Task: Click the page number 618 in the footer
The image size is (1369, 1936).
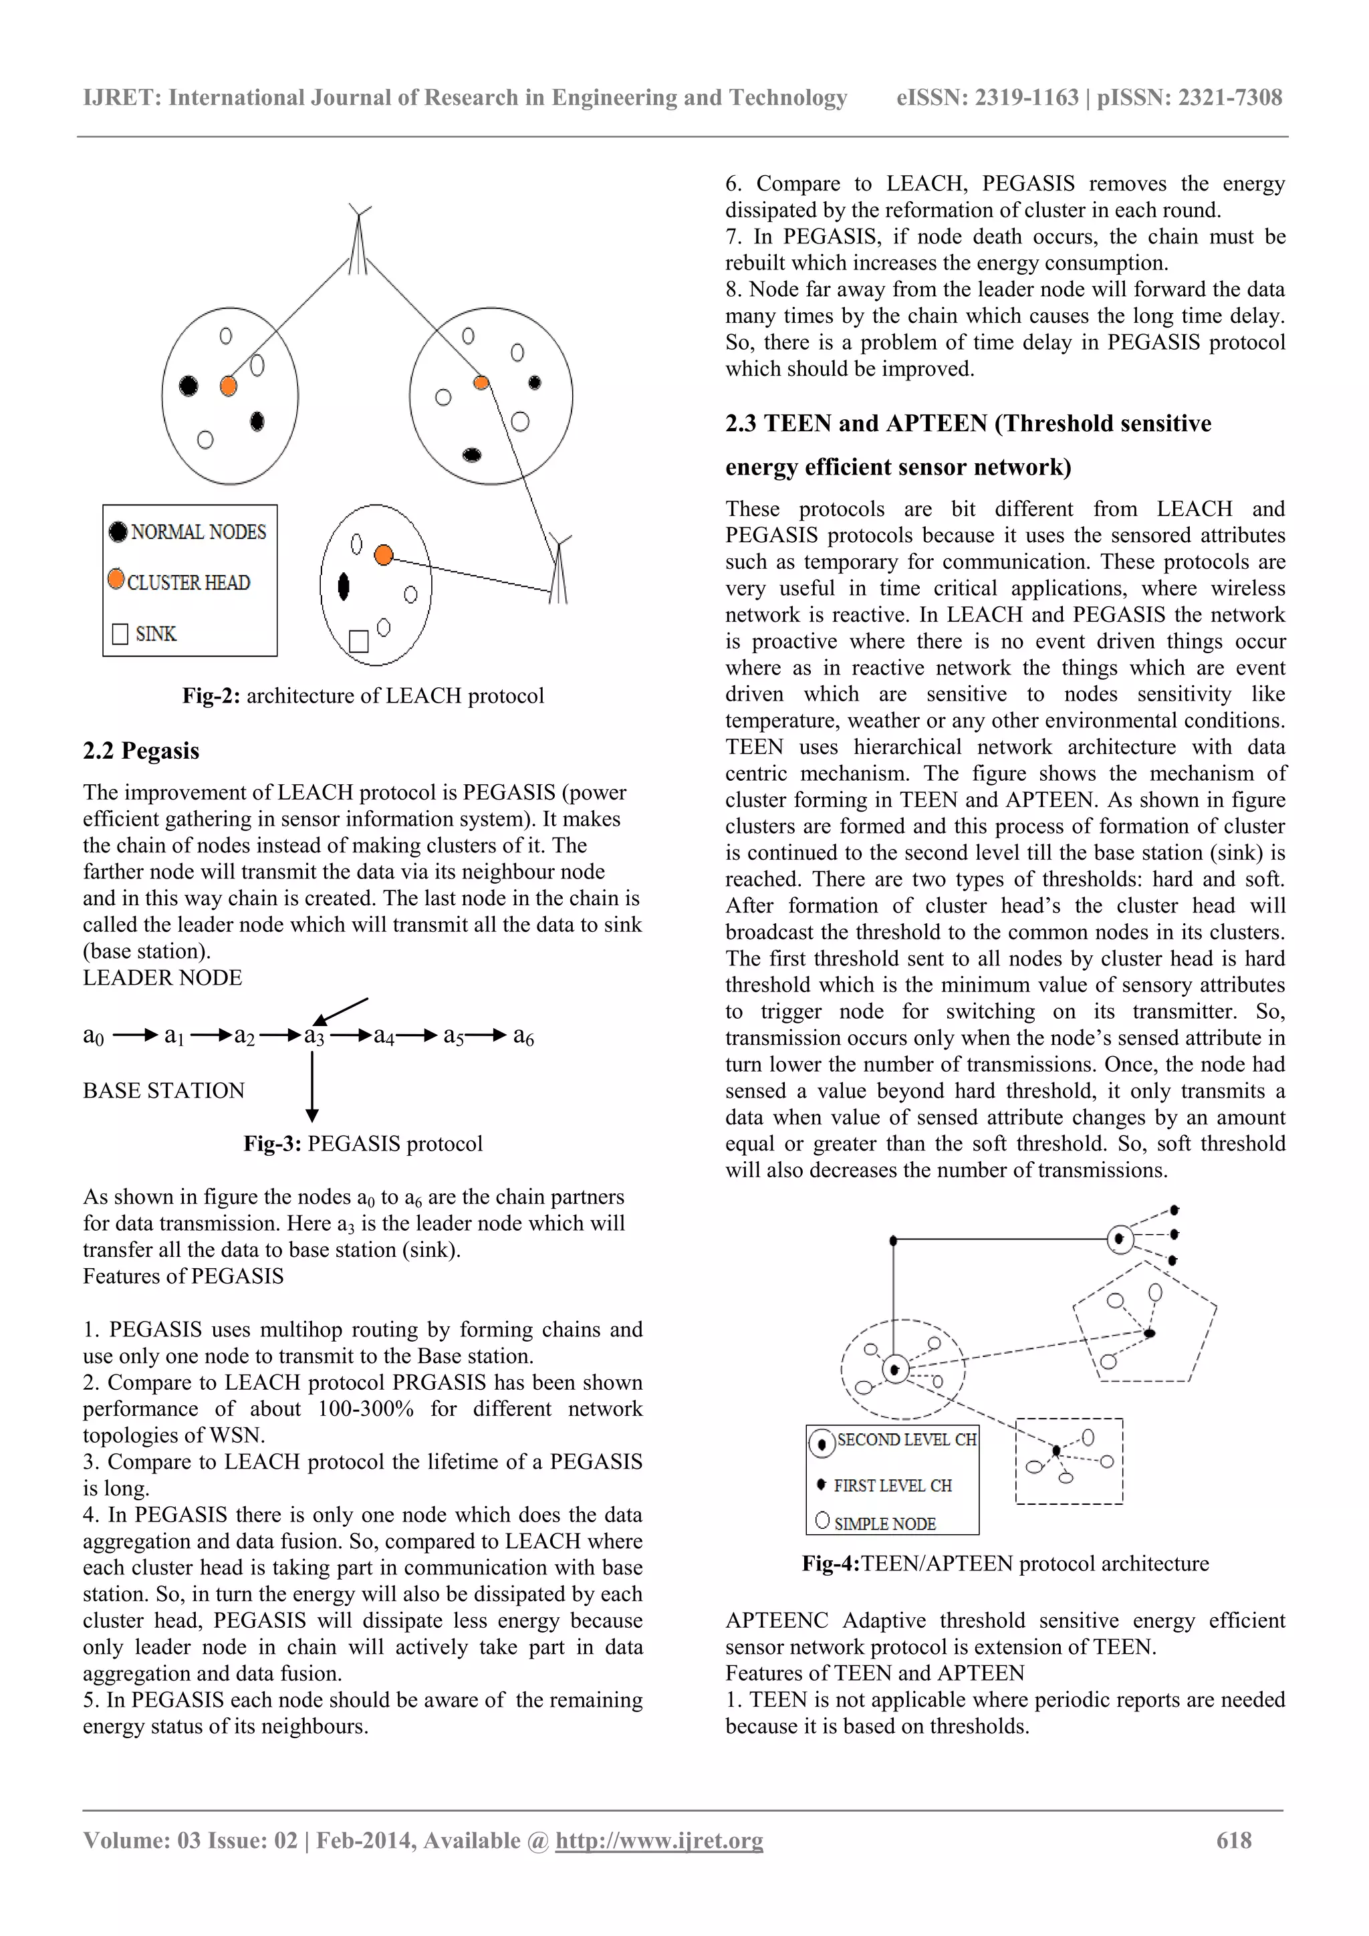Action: click(x=1233, y=1840)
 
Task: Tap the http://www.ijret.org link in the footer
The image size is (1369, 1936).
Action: click(x=658, y=1840)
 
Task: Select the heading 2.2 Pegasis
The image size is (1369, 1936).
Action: click(x=141, y=751)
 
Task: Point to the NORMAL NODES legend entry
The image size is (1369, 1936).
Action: click(x=197, y=532)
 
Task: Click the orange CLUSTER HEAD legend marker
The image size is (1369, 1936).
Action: click(x=116, y=580)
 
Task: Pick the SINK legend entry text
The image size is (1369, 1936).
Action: click(x=155, y=633)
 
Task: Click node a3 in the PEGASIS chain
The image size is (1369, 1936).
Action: click(x=314, y=1036)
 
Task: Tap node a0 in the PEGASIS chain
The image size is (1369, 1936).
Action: click(x=93, y=1036)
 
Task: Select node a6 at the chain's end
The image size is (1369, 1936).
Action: click(x=523, y=1036)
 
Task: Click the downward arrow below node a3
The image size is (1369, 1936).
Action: click(x=312, y=1088)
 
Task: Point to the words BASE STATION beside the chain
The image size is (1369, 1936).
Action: click(x=164, y=1090)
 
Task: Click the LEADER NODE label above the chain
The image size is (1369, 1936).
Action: click(x=162, y=977)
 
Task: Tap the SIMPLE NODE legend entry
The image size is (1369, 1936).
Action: click(x=884, y=1524)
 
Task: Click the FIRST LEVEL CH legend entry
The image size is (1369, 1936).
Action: click(x=892, y=1485)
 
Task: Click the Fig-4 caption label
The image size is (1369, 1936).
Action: click(x=830, y=1563)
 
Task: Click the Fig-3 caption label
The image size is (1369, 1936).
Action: click(x=272, y=1143)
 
